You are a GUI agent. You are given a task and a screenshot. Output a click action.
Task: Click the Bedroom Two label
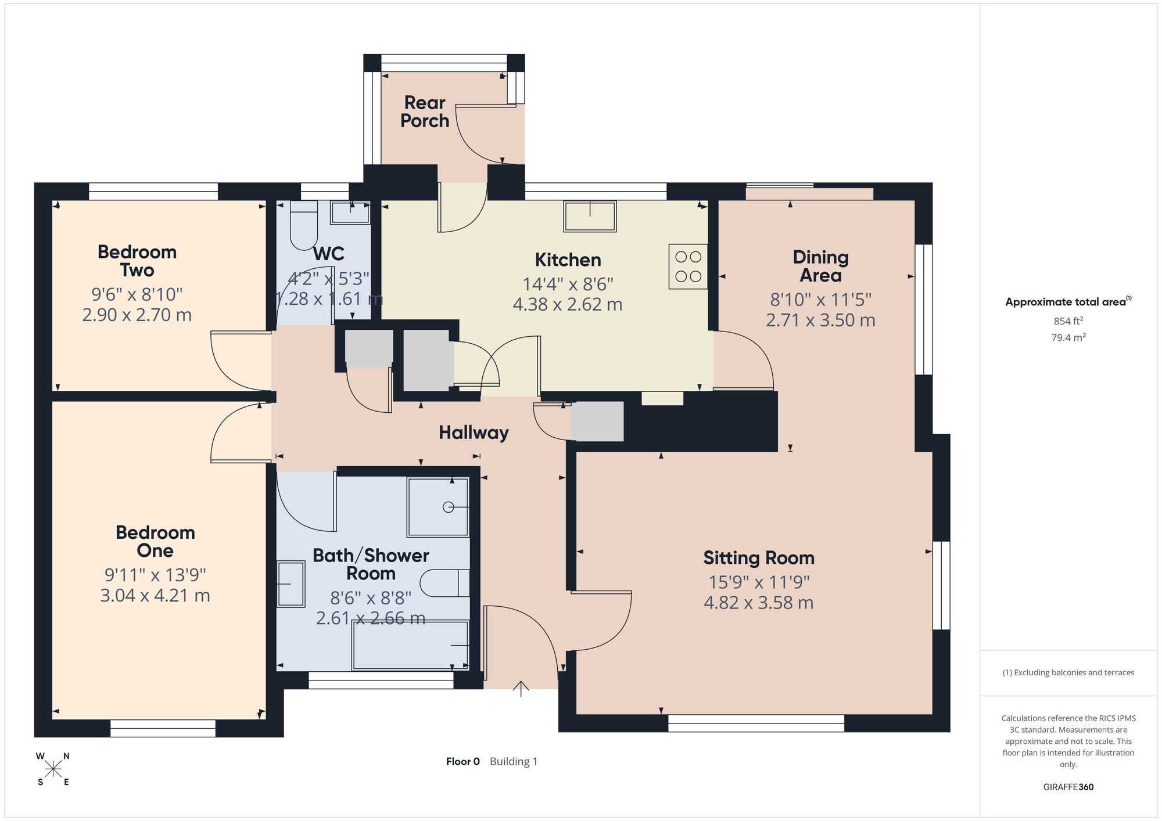coord(137,261)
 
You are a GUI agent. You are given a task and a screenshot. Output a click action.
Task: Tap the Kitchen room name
coord(568,260)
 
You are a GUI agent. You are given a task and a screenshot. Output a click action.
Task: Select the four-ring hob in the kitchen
coord(688,267)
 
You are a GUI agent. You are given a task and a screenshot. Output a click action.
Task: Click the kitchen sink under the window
coord(590,216)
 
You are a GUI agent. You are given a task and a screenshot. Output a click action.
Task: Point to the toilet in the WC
coord(304,225)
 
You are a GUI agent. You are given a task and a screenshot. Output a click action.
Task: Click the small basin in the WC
coord(350,213)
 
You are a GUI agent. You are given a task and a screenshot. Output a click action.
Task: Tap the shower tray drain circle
coord(448,507)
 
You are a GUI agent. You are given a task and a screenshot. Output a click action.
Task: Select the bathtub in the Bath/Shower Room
coord(410,645)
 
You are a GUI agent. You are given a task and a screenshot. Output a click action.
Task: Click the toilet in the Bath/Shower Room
coord(444,583)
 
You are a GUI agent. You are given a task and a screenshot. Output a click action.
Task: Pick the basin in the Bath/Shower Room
coord(290,584)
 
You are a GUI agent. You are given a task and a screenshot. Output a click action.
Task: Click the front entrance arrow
coord(521,689)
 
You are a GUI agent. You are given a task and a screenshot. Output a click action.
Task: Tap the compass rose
coord(53,769)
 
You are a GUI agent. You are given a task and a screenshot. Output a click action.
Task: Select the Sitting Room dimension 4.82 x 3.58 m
coord(758,603)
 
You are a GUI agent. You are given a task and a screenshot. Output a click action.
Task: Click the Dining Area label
coord(820,266)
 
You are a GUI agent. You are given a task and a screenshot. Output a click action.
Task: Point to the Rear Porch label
coord(425,111)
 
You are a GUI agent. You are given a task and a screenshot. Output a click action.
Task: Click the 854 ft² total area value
coord(1068,321)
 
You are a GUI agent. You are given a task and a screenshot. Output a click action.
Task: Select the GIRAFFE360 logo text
coord(1068,787)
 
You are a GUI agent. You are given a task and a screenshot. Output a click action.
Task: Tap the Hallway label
coord(474,433)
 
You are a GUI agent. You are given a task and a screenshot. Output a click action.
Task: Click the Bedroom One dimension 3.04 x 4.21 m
coord(155,596)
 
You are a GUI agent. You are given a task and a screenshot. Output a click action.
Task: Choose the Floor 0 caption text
coord(463,761)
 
